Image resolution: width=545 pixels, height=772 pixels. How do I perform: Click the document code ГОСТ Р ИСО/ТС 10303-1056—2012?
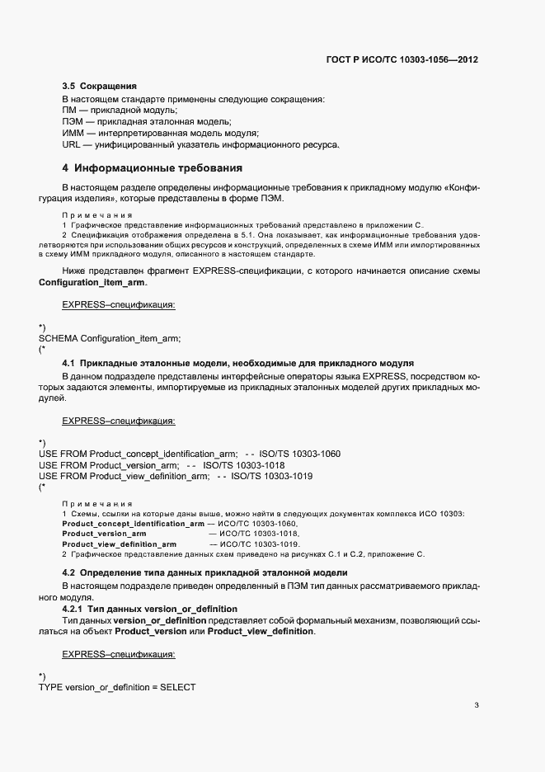(x=402, y=60)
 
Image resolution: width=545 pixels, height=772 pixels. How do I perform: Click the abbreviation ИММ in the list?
(x=73, y=133)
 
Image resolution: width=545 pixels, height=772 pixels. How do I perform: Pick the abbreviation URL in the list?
(x=72, y=144)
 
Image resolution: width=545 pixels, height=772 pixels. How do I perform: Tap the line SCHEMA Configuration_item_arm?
(x=109, y=339)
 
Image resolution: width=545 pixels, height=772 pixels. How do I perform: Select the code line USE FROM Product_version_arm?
(x=108, y=465)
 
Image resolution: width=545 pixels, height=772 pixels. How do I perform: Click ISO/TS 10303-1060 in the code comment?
(x=299, y=454)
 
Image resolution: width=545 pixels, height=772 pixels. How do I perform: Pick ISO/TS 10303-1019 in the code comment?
(x=271, y=477)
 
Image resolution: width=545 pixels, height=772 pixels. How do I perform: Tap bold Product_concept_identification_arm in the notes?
(x=133, y=524)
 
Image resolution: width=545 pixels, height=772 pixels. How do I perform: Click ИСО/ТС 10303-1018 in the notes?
(x=258, y=534)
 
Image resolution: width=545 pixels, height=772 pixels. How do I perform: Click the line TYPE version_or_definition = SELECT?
(x=116, y=687)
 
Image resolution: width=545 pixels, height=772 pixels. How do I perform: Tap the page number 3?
(x=477, y=705)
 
